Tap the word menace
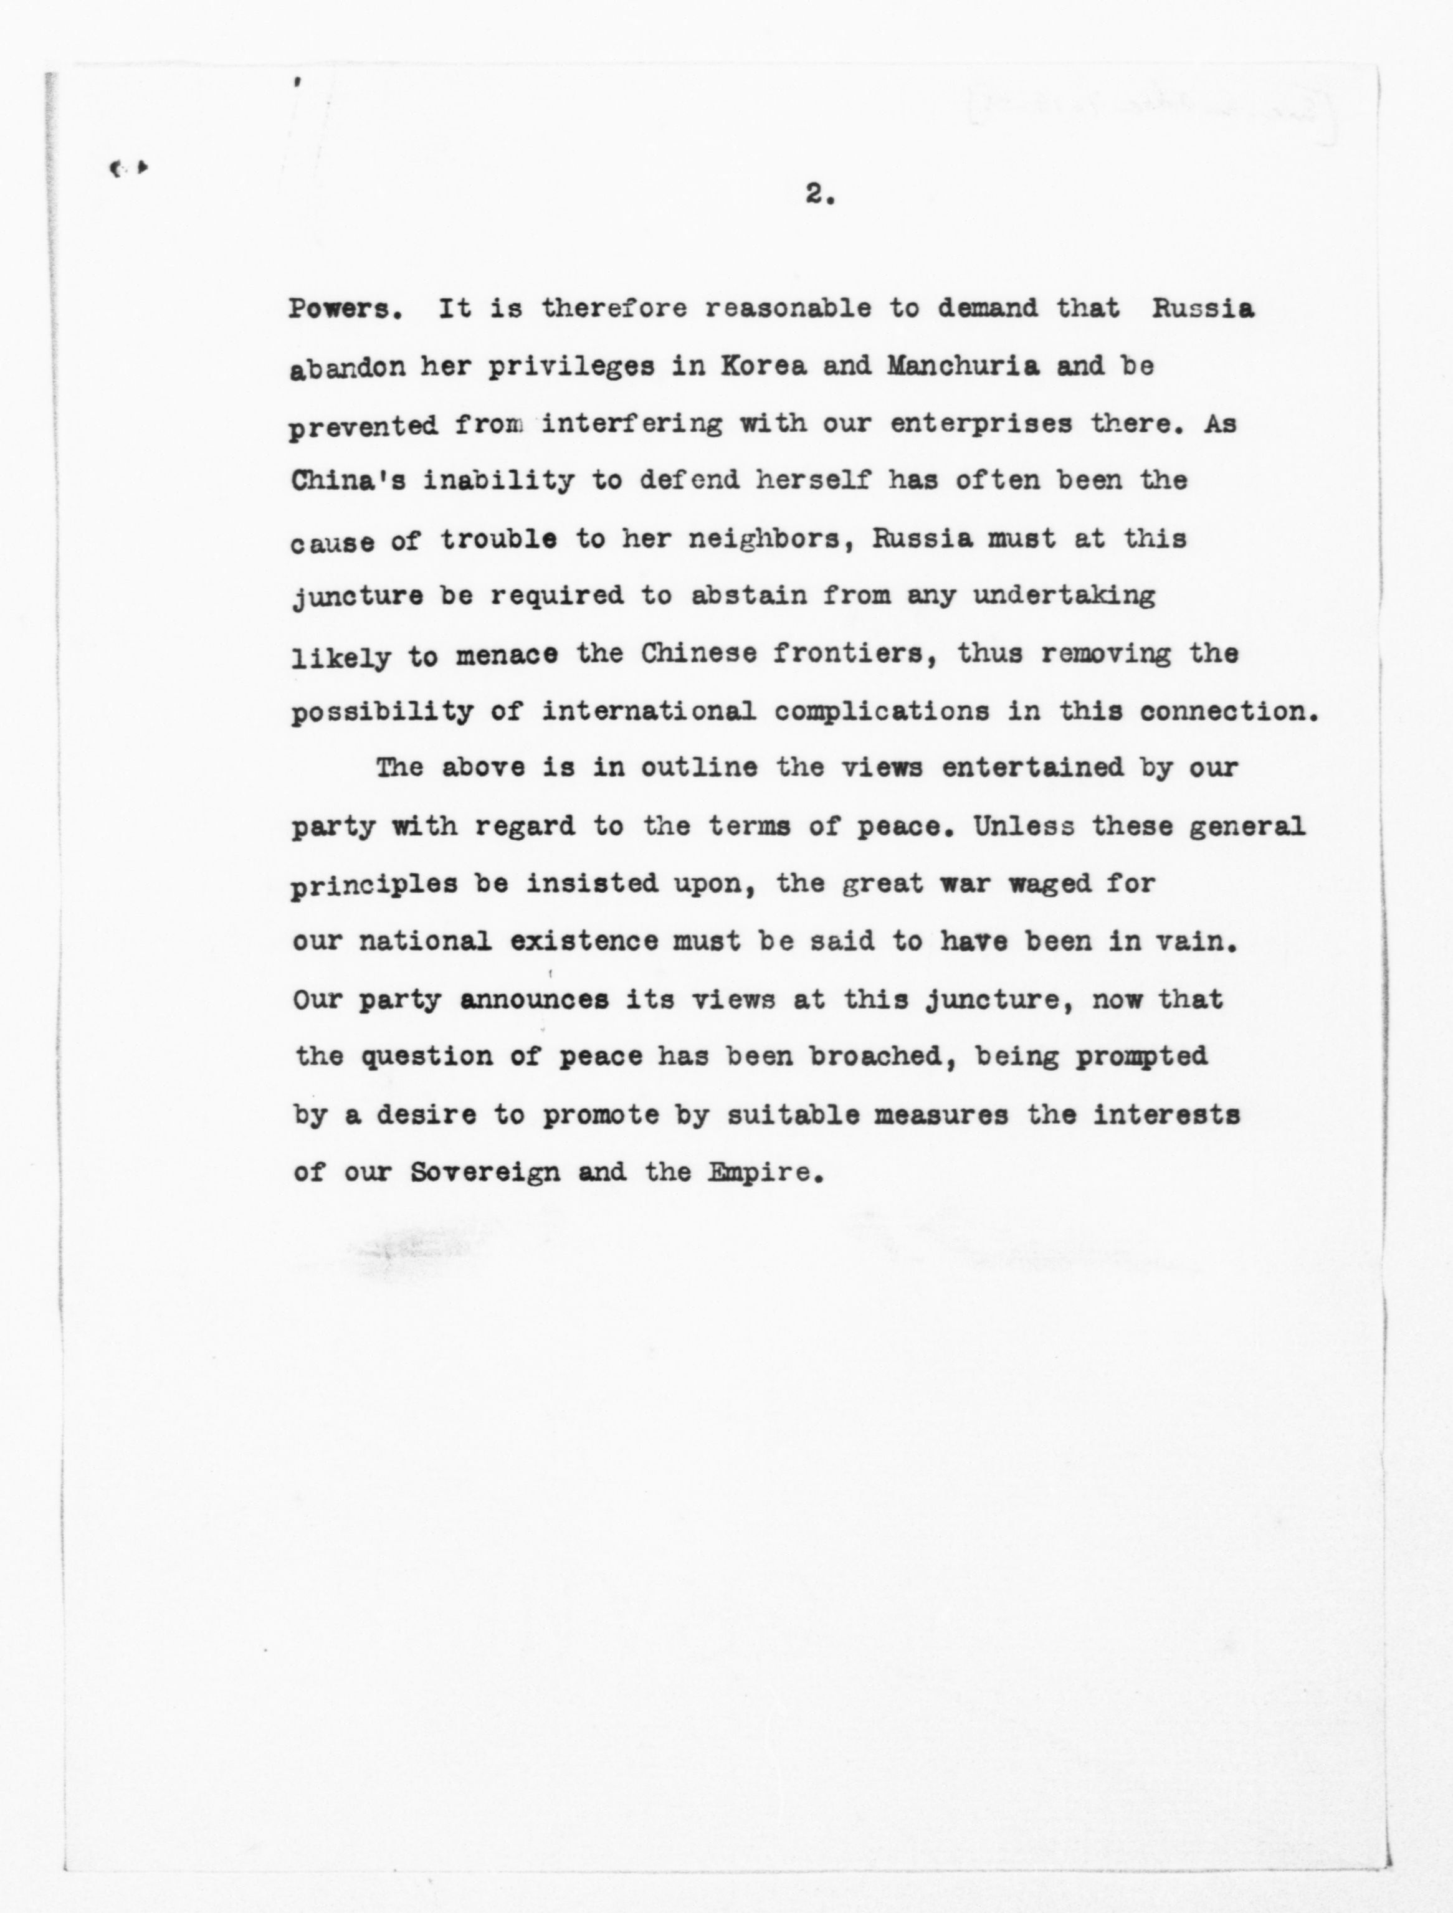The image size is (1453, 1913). [506, 655]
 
